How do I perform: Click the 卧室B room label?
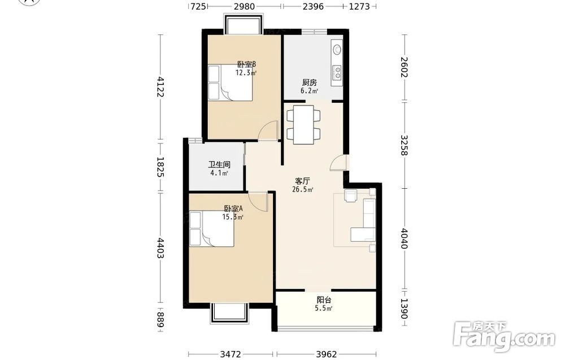tap(246, 64)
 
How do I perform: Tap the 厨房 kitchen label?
tap(309, 83)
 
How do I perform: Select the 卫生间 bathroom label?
tap(219, 164)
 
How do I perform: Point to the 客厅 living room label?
tap(302, 181)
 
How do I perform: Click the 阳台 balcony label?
tap(324, 300)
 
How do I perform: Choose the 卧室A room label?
tap(233, 209)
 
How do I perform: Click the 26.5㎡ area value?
tap(302, 189)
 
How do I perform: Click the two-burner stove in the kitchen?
tap(337, 72)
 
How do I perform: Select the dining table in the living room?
tap(303, 125)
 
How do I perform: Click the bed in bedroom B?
tap(230, 82)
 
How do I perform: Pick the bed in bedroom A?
tap(211, 229)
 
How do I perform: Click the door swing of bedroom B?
tap(269, 130)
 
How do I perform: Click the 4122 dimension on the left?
tap(160, 86)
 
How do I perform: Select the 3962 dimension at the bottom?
tap(327, 354)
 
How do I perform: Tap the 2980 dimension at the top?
tap(244, 6)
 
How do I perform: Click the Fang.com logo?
tap(505, 336)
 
